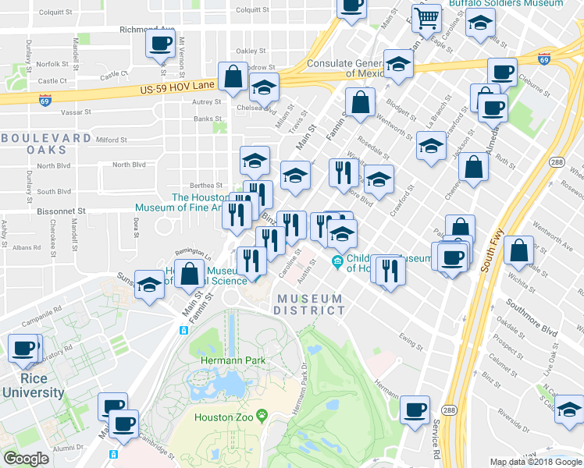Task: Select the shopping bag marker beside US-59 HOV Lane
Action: point(233,77)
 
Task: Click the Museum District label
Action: point(308,304)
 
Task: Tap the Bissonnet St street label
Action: point(60,211)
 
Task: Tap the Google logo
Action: point(26,459)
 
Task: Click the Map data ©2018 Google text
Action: point(536,462)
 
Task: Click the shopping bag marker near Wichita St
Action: point(519,251)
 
